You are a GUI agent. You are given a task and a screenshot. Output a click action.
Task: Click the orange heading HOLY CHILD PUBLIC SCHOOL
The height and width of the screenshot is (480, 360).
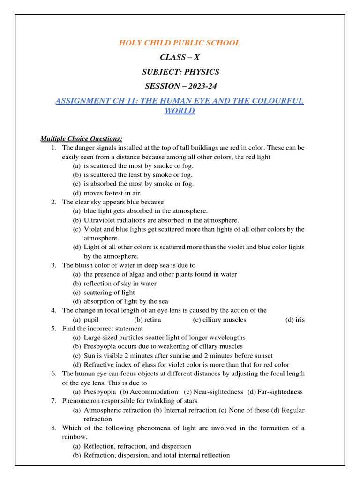pyautogui.click(x=180, y=43)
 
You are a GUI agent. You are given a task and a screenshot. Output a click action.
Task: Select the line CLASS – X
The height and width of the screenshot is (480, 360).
pyautogui.click(x=180, y=58)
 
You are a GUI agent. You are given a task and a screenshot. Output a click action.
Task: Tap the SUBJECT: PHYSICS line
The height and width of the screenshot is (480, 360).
pyautogui.click(x=180, y=72)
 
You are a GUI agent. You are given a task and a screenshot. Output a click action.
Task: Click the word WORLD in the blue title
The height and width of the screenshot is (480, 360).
pyautogui.click(x=180, y=111)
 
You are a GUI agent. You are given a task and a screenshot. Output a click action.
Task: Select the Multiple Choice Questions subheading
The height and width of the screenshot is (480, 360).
pyautogui.click(x=81, y=139)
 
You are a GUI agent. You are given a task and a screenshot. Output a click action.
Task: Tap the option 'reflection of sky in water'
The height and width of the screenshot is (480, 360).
pyautogui.click(x=120, y=284)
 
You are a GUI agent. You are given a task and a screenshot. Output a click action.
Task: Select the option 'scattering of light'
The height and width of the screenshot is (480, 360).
pyautogui.click(x=109, y=292)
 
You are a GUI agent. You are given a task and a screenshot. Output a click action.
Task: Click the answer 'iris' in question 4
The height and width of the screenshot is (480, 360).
pyautogui.click(x=300, y=320)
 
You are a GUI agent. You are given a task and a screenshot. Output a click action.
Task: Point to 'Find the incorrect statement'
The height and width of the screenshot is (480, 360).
pyautogui.click(x=102, y=329)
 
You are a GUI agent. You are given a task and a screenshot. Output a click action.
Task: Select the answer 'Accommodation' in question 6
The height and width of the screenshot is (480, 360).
pyautogui.click(x=154, y=392)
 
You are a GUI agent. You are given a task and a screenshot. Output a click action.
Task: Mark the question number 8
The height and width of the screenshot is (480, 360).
pyautogui.click(x=54, y=428)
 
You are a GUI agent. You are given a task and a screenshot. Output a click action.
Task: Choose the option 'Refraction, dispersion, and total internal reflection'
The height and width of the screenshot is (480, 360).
pyautogui.click(x=157, y=455)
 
